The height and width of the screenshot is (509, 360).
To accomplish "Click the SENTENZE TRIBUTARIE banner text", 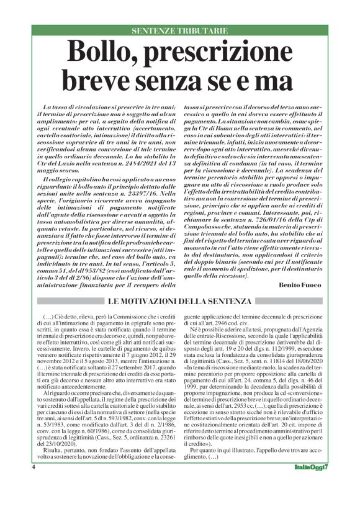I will [x=180, y=30].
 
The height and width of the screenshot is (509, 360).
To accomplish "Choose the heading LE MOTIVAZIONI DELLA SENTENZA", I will [x=180, y=301].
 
